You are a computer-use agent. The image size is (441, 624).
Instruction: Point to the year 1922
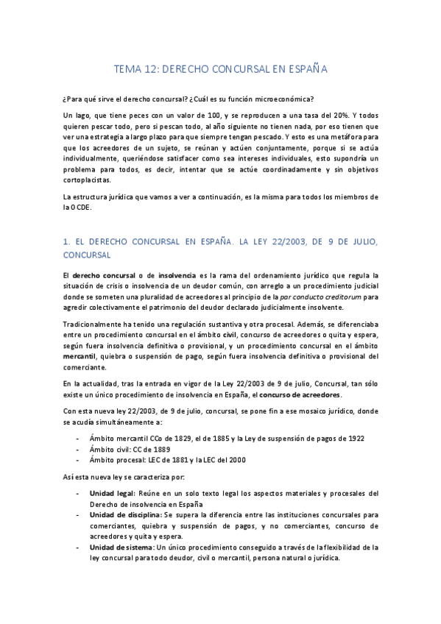[x=351, y=439]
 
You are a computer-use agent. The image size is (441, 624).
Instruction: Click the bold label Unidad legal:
[x=112, y=493]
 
